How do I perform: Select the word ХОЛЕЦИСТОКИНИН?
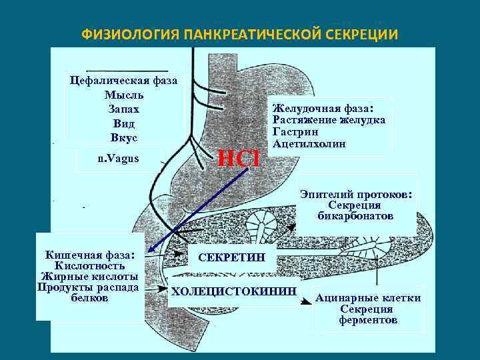tap(233, 291)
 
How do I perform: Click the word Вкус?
tap(123, 137)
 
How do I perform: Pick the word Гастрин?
tap(293, 132)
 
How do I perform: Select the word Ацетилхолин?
tap(309, 144)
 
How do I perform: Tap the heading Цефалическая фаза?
tap(124, 80)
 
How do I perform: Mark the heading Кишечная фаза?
tap(89, 254)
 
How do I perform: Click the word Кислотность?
tap(89, 265)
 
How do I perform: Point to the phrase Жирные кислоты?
tap(89, 276)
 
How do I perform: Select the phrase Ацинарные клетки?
tap(368, 298)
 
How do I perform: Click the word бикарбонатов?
tap(356, 217)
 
